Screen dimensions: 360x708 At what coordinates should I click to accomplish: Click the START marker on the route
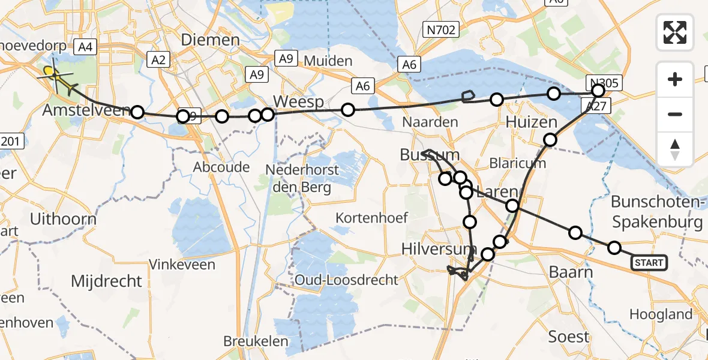(649, 262)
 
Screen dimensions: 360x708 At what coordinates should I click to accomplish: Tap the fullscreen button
(675, 32)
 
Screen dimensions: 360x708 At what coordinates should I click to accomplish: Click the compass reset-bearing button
(675, 149)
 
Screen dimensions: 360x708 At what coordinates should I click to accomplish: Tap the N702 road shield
(440, 29)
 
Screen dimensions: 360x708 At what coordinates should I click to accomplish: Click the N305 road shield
(604, 83)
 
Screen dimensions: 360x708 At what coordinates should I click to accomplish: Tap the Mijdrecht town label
(107, 281)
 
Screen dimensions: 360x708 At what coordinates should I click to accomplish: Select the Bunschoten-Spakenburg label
(657, 212)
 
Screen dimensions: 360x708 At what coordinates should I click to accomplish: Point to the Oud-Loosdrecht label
(346, 280)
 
